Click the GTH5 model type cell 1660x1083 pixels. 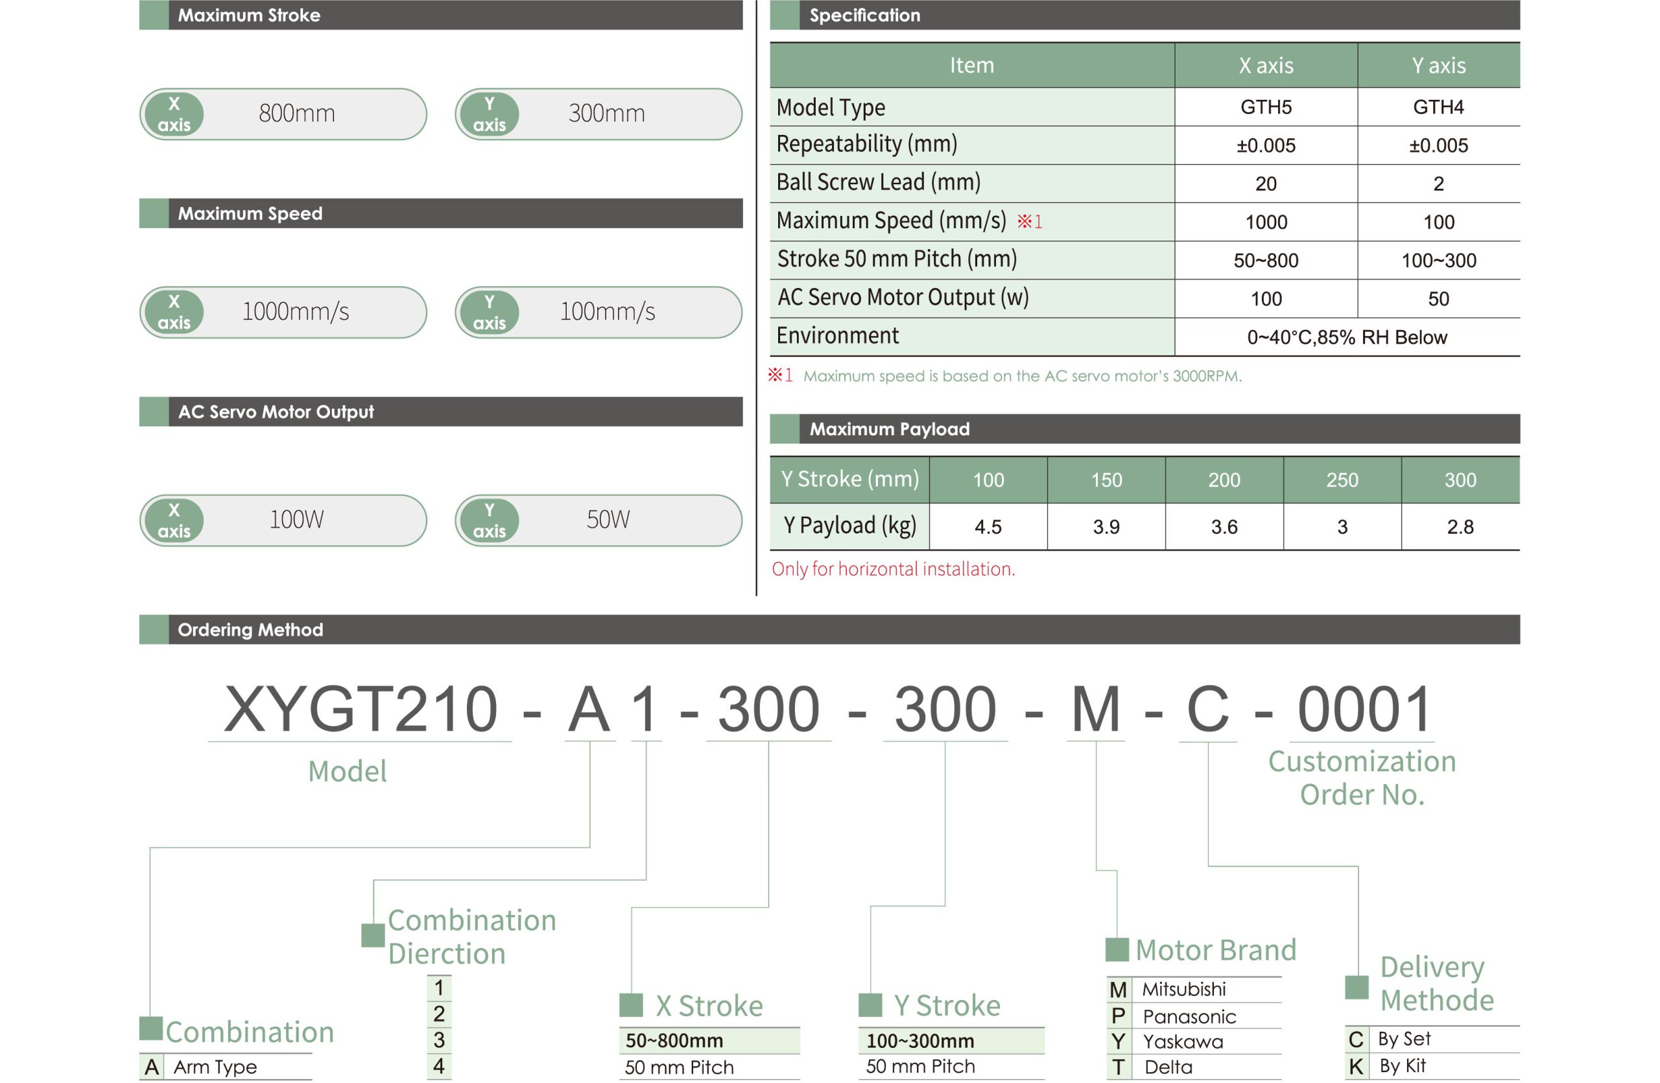point(1265,107)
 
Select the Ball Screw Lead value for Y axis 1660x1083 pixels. point(1438,184)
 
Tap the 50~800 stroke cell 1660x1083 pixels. point(1265,260)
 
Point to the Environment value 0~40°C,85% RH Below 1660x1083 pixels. point(1347,337)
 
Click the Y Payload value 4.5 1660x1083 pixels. point(988,527)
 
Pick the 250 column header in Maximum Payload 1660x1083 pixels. point(1342,480)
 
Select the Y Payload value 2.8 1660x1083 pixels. point(1460,527)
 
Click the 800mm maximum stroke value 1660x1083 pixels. point(296,113)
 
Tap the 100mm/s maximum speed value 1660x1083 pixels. point(608,311)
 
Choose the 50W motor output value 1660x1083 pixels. point(608,519)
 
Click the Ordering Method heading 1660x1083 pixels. point(250,630)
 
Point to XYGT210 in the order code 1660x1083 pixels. point(361,709)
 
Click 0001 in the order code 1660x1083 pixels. point(1364,709)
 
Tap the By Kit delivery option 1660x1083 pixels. point(1403,1065)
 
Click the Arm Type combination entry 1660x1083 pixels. point(215,1067)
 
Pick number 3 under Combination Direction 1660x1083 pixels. point(439,1040)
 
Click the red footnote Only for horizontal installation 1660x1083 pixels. point(893,569)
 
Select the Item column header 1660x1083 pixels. point(971,65)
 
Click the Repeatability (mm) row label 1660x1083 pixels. point(866,144)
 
